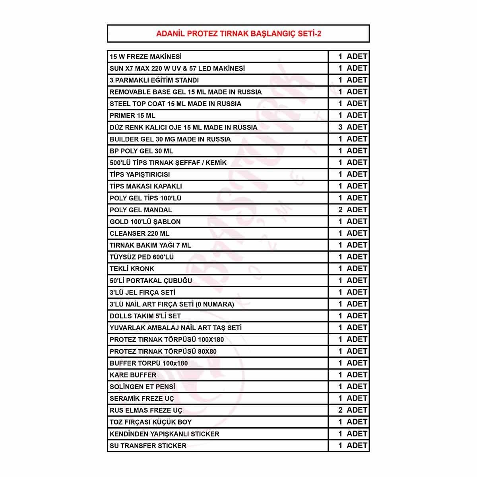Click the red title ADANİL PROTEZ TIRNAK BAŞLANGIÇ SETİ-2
click(238, 34)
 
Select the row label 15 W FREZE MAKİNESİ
click(145, 57)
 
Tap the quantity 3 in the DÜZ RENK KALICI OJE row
click(340, 127)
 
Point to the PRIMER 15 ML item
click(132, 116)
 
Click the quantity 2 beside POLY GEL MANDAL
click(340, 210)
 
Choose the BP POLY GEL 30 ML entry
click(141, 151)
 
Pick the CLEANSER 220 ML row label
click(140, 234)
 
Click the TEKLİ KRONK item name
click(132, 269)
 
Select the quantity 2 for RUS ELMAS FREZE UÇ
click(340, 410)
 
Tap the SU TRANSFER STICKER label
click(148, 446)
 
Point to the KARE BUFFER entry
click(133, 375)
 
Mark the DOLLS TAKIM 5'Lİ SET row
click(145, 316)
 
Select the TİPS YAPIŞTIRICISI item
click(140, 175)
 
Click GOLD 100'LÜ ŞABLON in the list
click(145, 222)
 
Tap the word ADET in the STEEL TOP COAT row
click(357, 104)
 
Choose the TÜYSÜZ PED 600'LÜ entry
click(142, 257)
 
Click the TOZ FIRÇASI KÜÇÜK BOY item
click(151, 422)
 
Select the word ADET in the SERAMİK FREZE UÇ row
click(357, 398)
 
